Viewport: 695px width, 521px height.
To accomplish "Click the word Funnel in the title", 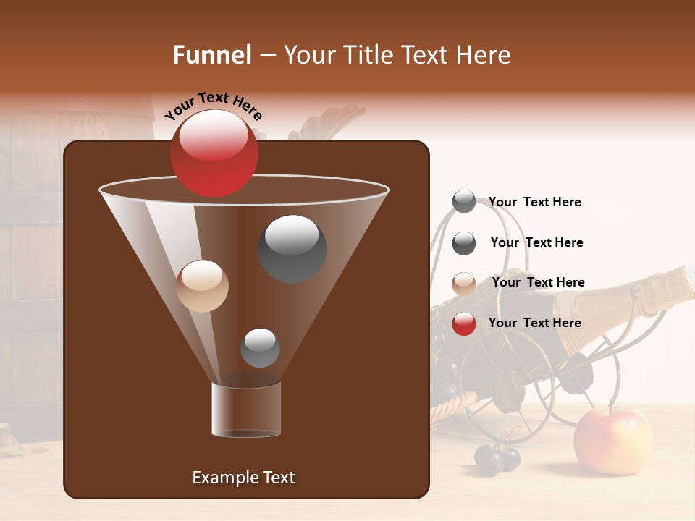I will point(212,55).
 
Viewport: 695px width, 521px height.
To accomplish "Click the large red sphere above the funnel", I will point(214,153).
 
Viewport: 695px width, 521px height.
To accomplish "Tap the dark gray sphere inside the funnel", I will point(292,248).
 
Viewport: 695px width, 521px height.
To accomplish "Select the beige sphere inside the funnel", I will point(202,286).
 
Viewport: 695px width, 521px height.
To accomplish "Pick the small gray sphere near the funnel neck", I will point(260,347).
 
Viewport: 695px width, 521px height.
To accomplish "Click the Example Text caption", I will point(243,478).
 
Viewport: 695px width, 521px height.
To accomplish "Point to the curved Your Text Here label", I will point(213,106).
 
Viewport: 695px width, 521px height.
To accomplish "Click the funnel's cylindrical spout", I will point(246,410).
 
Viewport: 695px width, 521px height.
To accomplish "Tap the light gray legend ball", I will point(464,202).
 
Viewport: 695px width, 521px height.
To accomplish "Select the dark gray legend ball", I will point(464,243).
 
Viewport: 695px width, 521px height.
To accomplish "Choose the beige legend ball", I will point(464,283).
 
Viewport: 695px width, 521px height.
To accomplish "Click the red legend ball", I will point(464,323).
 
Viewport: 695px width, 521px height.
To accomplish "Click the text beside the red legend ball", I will point(534,323).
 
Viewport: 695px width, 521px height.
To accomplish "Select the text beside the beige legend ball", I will point(538,282).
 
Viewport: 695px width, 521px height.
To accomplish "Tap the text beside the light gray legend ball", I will point(534,202).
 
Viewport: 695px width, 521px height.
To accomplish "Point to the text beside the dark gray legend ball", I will point(536,242).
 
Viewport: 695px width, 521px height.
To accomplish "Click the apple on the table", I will point(612,441).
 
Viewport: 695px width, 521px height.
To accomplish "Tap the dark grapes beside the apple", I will point(497,458).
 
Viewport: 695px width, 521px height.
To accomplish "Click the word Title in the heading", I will point(367,55).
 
